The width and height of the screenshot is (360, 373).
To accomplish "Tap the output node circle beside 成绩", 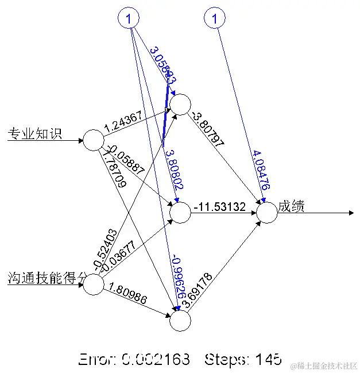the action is point(266,213).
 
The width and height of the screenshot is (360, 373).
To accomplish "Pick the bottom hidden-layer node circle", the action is point(180,321).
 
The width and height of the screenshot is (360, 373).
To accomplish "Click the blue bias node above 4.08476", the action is point(215,19).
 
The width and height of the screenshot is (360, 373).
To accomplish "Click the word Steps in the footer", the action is point(227,360).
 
